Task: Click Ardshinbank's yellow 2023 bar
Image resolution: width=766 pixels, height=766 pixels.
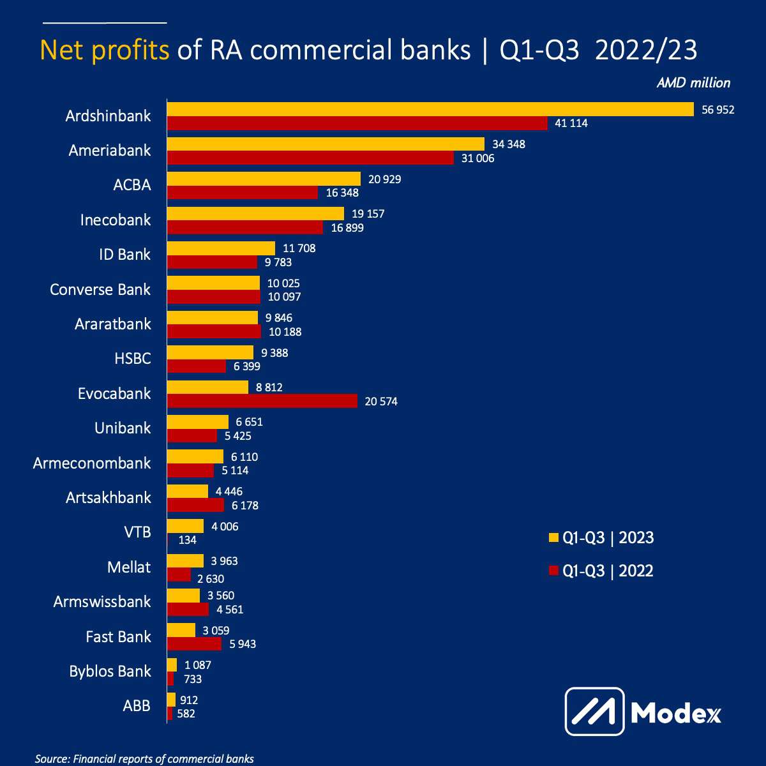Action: (x=430, y=109)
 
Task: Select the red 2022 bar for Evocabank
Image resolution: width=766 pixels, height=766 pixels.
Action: (x=262, y=401)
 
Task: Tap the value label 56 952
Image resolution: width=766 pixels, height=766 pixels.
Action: (x=718, y=110)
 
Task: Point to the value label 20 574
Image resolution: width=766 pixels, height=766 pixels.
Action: (x=381, y=402)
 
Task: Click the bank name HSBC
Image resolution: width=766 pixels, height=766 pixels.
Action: (x=133, y=359)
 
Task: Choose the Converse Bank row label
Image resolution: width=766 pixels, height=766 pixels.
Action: (x=100, y=289)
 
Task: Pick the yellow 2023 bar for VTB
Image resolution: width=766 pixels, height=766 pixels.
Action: (x=185, y=526)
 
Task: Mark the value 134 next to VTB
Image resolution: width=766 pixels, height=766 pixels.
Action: (x=188, y=540)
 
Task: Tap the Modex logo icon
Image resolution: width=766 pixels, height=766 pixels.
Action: (x=594, y=711)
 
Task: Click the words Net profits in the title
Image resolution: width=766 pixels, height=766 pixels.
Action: (x=105, y=50)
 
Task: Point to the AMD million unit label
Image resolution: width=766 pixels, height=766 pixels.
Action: (x=693, y=83)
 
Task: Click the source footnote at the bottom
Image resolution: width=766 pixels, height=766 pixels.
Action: (x=144, y=759)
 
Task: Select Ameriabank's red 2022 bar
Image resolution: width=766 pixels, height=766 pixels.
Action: (x=310, y=158)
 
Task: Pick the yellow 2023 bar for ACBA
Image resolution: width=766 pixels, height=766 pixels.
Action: (x=264, y=179)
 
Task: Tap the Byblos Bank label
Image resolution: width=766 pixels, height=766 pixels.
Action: (x=110, y=671)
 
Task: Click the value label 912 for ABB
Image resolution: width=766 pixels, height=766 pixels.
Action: (x=189, y=700)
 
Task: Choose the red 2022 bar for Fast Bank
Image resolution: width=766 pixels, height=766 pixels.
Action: (x=194, y=644)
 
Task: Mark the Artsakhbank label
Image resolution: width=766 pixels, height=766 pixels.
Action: (x=109, y=497)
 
